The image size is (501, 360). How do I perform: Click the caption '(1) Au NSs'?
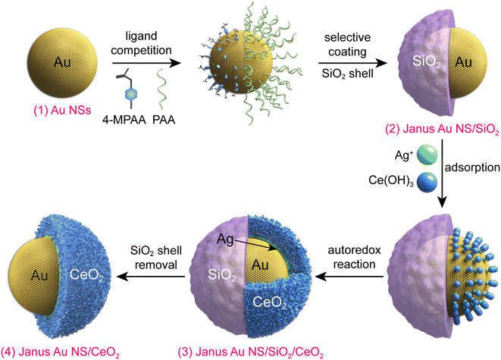(x=62, y=110)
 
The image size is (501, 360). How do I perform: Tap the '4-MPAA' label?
(x=124, y=120)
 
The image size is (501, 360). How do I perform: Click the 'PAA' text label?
(x=164, y=120)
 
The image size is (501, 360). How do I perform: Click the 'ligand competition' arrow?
(x=146, y=63)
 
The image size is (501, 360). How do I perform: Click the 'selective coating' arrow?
(x=352, y=63)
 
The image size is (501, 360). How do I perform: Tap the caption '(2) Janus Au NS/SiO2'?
(x=443, y=130)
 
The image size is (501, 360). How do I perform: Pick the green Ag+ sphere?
(x=427, y=155)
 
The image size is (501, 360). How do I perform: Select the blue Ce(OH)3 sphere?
(x=427, y=183)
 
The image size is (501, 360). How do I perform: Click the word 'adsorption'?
(x=472, y=167)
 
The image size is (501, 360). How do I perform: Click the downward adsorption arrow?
(x=442, y=174)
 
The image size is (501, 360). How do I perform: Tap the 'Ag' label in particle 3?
(x=225, y=239)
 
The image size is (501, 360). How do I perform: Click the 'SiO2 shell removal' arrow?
(x=151, y=277)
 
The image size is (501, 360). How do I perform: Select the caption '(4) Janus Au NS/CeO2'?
(x=60, y=352)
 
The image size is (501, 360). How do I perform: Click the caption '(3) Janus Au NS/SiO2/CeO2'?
(x=251, y=352)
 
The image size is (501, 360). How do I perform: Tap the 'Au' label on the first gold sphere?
(x=62, y=61)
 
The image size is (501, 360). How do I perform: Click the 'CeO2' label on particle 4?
(x=86, y=274)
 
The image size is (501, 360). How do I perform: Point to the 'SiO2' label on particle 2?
(x=427, y=61)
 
